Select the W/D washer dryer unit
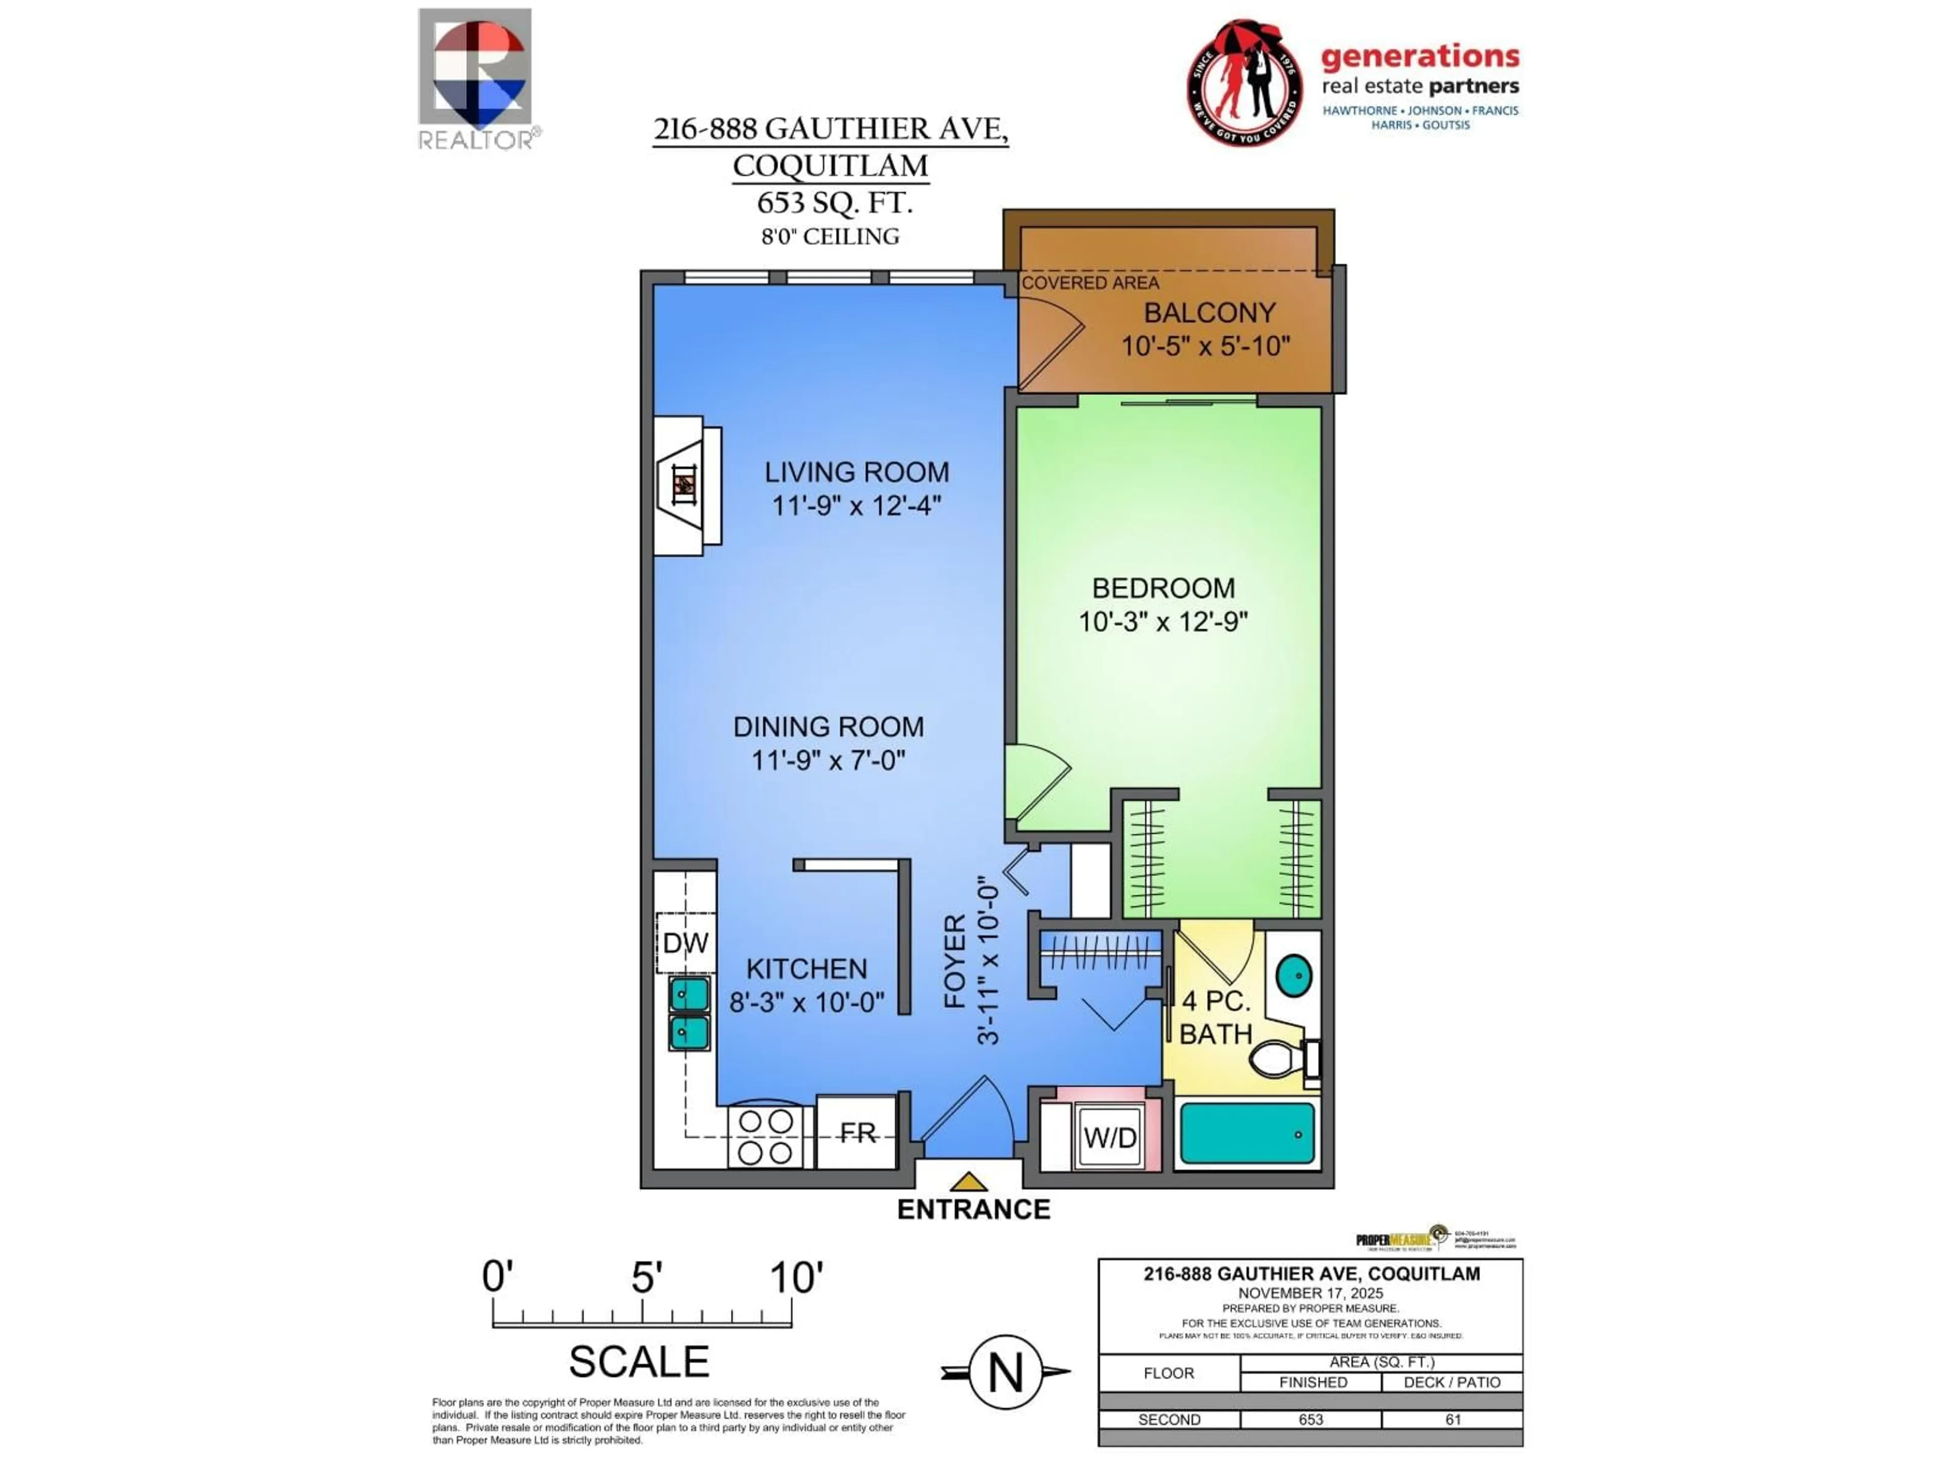click(x=1110, y=1137)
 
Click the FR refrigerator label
click(x=856, y=1132)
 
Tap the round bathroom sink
click(x=1294, y=976)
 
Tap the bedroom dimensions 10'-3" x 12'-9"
click(x=1163, y=622)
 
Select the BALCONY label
click(x=1209, y=313)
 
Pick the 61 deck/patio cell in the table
click(x=1453, y=1419)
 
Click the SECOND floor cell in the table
click(x=1169, y=1419)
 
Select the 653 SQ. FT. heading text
click(x=834, y=202)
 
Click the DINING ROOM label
click(x=828, y=727)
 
